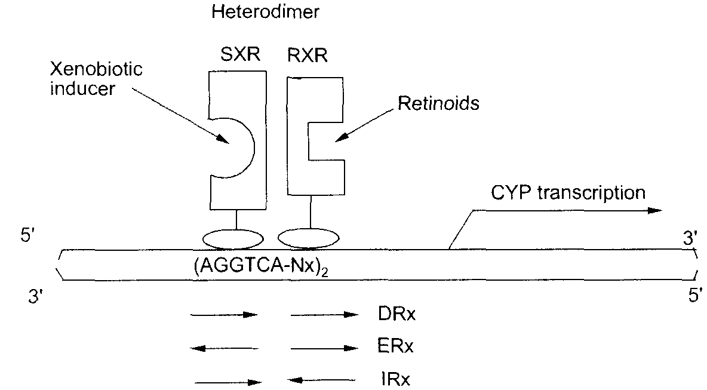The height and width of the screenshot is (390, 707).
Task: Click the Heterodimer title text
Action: click(265, 12)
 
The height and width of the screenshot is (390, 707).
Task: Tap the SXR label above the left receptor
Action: click(240, 54)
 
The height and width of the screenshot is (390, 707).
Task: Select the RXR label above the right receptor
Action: click(308, 56)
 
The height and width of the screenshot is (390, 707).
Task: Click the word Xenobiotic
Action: click(96, 69)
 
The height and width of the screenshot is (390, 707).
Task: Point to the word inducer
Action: click(82, 88)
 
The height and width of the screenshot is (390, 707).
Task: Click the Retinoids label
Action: click(438, 103)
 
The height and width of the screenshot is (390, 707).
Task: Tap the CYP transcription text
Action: click(568, 192)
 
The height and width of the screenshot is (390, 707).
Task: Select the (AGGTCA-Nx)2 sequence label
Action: click(260, 266)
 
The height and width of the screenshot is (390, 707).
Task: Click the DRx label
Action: click(396, 314)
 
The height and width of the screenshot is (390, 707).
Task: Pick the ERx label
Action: click(395, 346)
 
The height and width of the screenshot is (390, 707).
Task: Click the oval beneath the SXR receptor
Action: click(233, 239)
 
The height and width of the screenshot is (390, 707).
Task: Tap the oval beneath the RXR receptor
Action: click(309, 238)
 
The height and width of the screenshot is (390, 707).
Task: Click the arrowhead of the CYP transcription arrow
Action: click(655, 211)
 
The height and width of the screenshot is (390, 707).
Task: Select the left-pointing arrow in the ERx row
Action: click(225, 348)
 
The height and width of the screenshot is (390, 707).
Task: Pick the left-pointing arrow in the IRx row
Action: click(321, 380)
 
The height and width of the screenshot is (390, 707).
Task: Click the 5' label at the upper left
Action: click(27, 235)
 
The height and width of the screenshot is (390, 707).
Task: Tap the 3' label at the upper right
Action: click(690, 238)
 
